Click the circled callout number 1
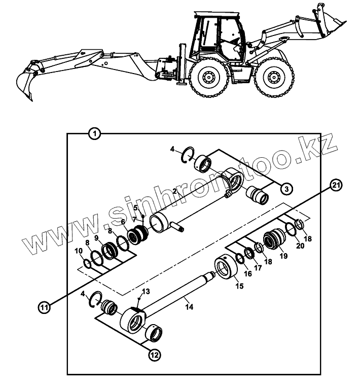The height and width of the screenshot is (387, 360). pos(94,134)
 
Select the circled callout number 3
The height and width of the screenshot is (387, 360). pos(286,189)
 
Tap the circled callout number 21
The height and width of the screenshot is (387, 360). pos(335,185)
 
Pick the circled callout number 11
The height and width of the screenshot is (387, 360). pos(45,307)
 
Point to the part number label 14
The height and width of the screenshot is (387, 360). pos(189,307)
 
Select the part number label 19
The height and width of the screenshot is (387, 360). pos(283,256)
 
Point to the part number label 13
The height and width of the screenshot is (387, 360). pos(146,292)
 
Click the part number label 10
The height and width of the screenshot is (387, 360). pos(79,251)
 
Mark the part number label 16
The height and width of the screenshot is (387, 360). pos(248,273)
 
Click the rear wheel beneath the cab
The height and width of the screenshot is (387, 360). pos(207,77)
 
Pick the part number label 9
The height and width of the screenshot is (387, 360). pos(96,238)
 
